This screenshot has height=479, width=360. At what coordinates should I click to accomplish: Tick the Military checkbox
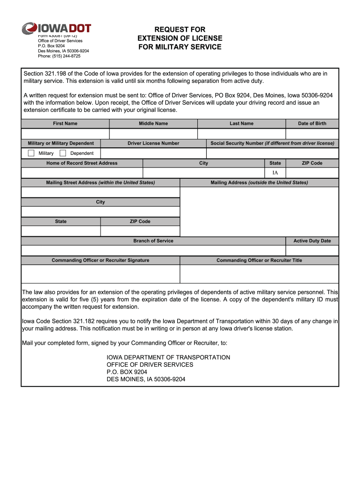tap(31, 153)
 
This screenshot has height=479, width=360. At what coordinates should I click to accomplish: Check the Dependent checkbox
tap(63, 153)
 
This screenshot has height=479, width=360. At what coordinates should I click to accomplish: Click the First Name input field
tap(65, 134)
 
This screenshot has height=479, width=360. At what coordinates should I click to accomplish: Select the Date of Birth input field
tap(312, 134)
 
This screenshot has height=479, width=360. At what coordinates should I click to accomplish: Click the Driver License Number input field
tap(153, 153)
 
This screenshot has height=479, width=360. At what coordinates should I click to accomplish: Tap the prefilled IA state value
tap(275, 173)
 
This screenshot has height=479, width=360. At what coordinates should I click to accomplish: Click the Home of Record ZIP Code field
tap(312, 173)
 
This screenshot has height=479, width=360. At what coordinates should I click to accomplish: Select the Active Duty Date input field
tap(312, 251)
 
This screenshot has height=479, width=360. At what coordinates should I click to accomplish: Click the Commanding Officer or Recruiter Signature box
tap(101, 274)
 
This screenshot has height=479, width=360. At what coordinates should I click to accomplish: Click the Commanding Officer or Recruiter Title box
tap(259, 274)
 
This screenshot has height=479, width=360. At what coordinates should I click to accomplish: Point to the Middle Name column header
tap(153, 123)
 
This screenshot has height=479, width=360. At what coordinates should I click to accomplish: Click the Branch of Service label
tap(153, 241)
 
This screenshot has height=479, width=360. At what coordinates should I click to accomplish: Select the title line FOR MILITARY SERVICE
tap(180, 47)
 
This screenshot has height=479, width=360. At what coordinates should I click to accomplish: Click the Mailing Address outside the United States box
tap(259, 212)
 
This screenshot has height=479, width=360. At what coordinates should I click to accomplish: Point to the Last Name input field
tap(241, 134)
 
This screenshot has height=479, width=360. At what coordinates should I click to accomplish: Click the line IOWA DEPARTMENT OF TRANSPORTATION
tap(168, 357)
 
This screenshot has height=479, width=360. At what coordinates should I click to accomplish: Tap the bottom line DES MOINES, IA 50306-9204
tap(146, 379)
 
